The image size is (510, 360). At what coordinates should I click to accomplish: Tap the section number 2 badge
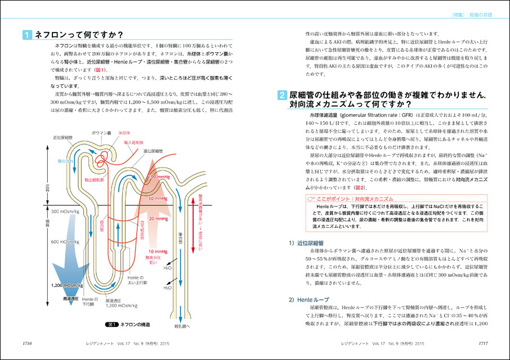(x=282, y=96)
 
